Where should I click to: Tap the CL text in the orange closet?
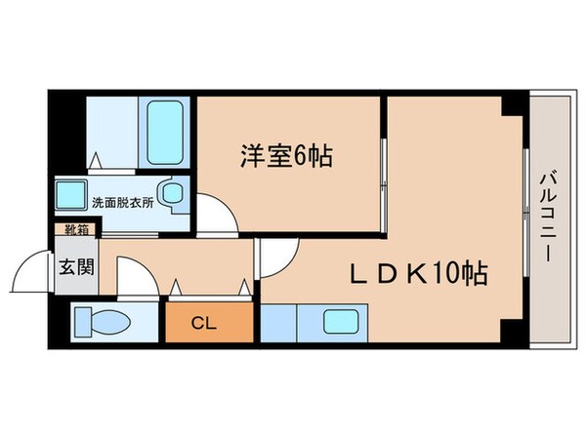tap(204, 322)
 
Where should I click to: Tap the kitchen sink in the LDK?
tap(342, 322)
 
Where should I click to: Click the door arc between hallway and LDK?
tap(273, 256)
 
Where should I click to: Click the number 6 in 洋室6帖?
tap(298, 156)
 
